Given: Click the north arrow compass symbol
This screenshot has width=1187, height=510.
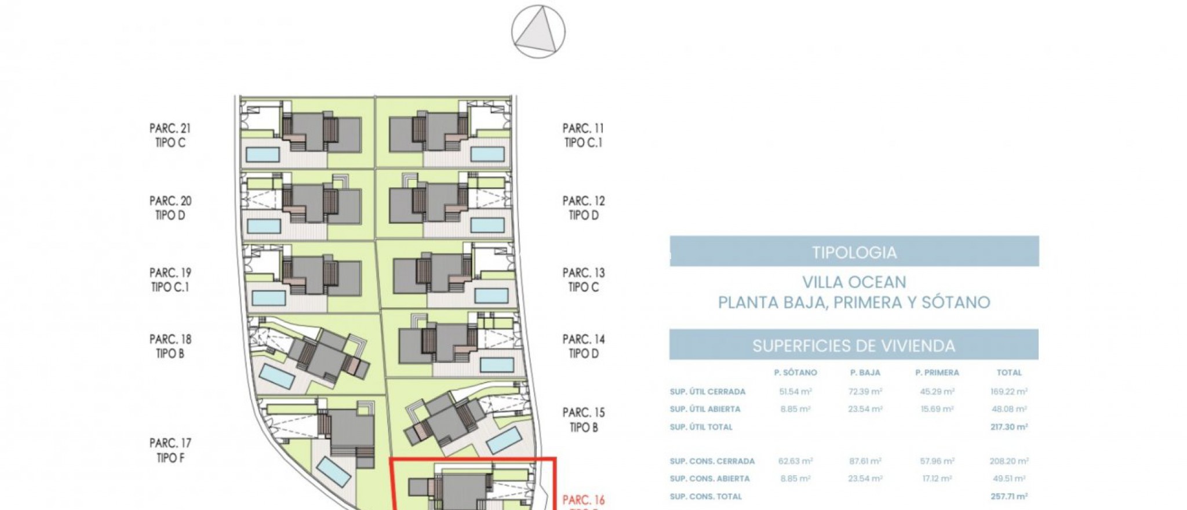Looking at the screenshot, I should click(538, 31).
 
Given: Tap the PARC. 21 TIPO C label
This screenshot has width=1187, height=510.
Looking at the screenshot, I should click(170, 135).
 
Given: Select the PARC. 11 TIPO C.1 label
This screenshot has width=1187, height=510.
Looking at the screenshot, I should click(583, 135).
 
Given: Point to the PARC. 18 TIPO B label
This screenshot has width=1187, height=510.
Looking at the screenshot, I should click(170, 346).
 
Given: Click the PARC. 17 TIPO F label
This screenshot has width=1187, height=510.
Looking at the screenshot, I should click(170, 450).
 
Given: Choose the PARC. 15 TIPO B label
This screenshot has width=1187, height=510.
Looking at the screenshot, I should click(583, 420).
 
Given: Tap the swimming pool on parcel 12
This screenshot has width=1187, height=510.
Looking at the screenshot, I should click(487, 225).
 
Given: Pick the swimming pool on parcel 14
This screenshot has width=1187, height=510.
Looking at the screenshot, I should click(497, 365).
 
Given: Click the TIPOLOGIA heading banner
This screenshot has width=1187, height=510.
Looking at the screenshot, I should click(854, 252).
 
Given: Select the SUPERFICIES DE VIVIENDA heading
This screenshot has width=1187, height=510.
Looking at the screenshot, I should click(853, 345).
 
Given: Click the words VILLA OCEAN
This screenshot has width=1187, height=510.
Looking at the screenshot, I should click(854, 282).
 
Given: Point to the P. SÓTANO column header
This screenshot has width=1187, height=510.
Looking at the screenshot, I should click(795, 373).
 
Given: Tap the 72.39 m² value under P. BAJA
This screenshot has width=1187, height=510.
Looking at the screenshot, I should click(865, 392).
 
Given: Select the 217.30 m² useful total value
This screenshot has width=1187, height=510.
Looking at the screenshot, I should click(1009, 427).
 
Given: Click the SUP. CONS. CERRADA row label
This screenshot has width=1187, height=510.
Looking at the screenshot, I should click(712, 461).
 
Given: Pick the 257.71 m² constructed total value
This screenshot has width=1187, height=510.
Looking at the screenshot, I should click(1009, 496).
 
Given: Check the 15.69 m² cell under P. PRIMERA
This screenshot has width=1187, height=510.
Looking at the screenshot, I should click(937, 409).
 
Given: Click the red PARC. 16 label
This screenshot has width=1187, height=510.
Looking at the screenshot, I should click(583, 500).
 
